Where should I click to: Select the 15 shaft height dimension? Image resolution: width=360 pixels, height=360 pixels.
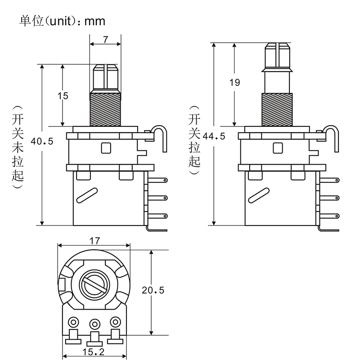[x=63, y=95]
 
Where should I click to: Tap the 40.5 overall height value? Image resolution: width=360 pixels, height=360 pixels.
[x=42, y=141]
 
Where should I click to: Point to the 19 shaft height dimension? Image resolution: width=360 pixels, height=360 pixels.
[x=234, y=82]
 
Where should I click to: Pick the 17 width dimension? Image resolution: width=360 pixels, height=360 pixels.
[x=94, y=240]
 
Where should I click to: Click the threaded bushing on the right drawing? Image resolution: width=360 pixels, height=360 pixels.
[x=278, y=109]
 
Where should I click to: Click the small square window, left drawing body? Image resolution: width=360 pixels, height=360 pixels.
[x=106, y=147]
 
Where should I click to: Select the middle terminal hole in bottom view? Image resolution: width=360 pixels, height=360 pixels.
[x=94, y=323]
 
